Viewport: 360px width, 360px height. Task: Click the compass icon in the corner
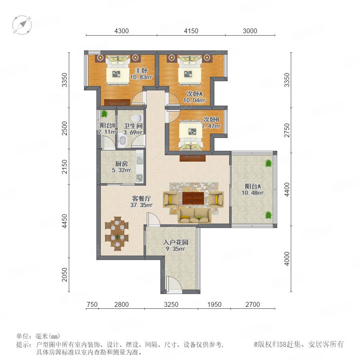[x=22, y=25]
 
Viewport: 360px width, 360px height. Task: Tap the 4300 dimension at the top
[x=122, y=31]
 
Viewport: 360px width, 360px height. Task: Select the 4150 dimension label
[x=191, y=31]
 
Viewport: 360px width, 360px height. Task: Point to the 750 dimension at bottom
[x=92, y=304]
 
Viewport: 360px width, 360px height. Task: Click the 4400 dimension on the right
[x=287, y=190]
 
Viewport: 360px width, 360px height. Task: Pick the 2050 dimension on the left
[x=65, y=274]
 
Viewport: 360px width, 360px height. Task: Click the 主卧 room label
[x=141, y=70]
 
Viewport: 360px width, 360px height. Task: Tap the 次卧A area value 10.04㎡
[x=194, y=100]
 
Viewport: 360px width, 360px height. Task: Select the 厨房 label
[x=122, y=164]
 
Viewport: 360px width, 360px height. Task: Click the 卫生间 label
[x=133, y=126]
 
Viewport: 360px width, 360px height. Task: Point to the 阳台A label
[x=252, y=186]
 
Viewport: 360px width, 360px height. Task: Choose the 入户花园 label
[x=176, y=242]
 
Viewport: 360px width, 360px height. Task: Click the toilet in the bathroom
[x=136, y=118]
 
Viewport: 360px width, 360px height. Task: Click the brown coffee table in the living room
[x=193, y=198]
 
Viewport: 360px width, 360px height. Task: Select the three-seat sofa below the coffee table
[x=195, y=216]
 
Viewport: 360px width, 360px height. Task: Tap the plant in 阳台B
[x=104, y=114]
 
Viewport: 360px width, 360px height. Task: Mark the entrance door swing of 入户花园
[x=174, y=284]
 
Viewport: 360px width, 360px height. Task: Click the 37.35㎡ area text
[x=141, y=205]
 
